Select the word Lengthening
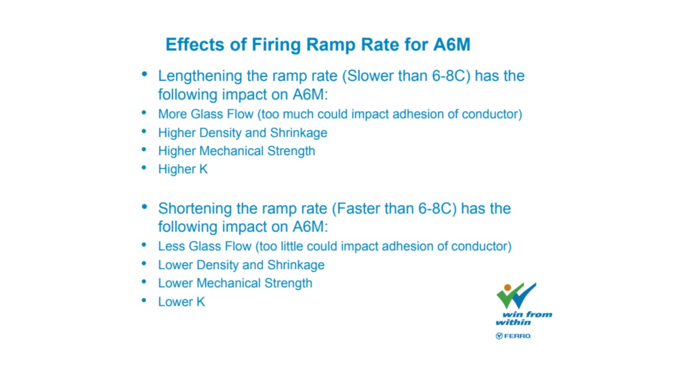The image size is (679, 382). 200,76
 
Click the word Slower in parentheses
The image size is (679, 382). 368,76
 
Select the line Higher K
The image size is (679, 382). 183,169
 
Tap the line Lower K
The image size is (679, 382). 182,302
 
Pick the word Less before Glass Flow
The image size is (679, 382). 171,246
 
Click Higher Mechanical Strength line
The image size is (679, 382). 236,151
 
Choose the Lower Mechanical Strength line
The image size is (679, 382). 235,283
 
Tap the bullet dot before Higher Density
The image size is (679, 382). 144,131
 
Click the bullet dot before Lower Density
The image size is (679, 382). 144,264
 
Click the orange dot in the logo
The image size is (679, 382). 508,287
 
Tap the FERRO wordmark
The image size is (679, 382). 517,336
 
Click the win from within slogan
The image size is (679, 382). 524,318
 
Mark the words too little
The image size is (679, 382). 281,246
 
